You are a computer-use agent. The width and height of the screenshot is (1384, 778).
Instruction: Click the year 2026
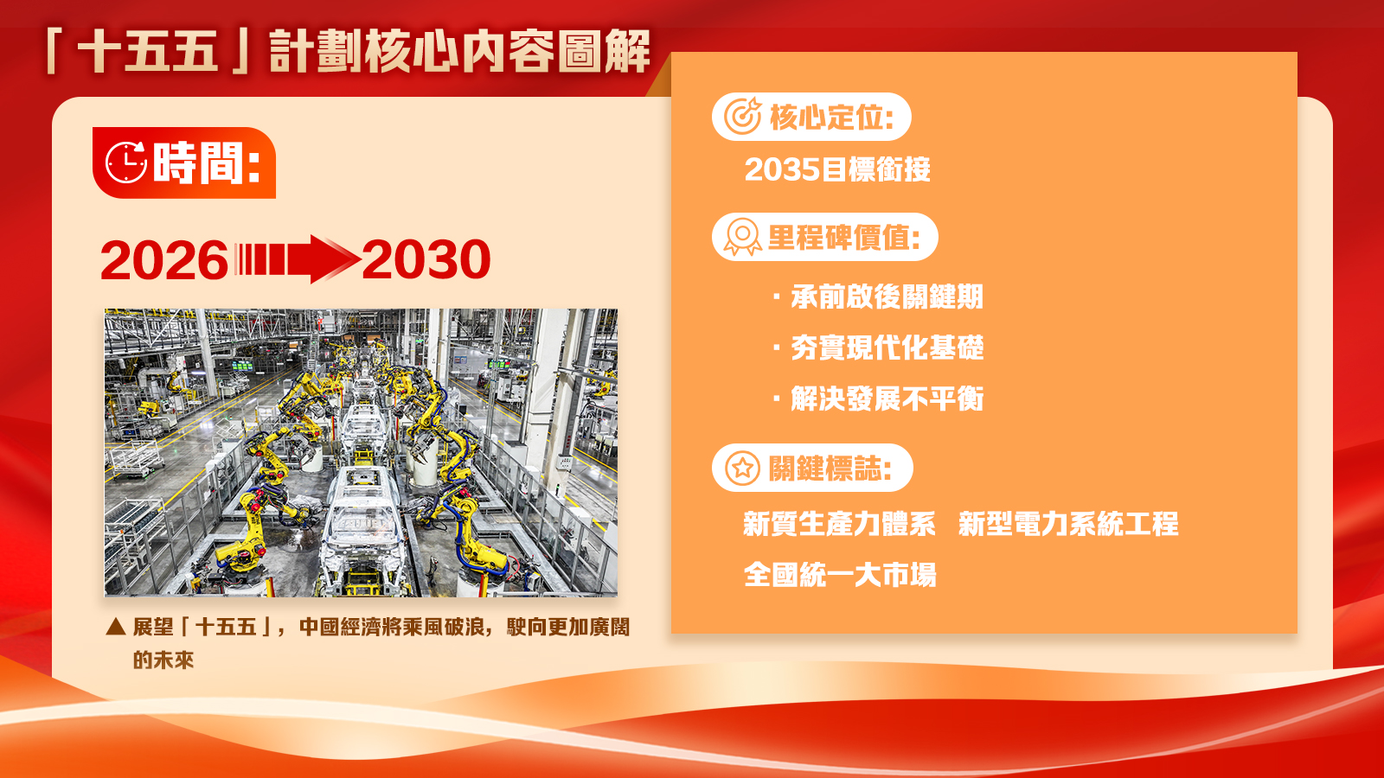(x=164, y=260)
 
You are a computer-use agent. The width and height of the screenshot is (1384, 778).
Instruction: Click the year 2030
(x=426, y=259)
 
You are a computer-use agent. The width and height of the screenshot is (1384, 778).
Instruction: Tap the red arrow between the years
(x=298, y=259)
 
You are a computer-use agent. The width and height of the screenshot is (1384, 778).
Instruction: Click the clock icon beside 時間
(x=126, y=163)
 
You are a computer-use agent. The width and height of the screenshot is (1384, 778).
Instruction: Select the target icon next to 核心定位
(x=743, y=116)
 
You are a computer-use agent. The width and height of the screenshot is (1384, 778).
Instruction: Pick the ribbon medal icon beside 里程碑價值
(x=743, y=237)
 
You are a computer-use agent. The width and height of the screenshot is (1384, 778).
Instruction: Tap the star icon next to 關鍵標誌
(x=742, y=468)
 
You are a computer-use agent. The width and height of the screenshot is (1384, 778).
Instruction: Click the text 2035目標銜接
(x=837, y=169)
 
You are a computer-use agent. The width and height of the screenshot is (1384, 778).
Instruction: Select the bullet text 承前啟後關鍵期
(x=887, y=297)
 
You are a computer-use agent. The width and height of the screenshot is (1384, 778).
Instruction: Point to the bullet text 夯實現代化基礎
(x=887, y=348)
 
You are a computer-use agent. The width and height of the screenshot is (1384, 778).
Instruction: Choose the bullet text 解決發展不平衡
(x=887, y=399)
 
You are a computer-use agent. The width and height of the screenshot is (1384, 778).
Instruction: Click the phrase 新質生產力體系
(x=839, y=524)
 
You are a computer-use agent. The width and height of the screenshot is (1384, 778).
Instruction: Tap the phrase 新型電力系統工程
(x=1068, y=524)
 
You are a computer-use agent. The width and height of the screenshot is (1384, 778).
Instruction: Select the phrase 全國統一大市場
(x=840, y=575)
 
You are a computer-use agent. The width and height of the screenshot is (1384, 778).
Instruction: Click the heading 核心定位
(x=831, y=117)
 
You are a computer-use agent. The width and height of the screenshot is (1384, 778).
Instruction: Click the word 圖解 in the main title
(x=605, y=51)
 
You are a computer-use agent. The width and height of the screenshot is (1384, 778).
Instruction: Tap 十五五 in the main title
(x=148, y=51)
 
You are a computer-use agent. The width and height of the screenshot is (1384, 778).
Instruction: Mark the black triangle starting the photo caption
(x=116, y=627)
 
